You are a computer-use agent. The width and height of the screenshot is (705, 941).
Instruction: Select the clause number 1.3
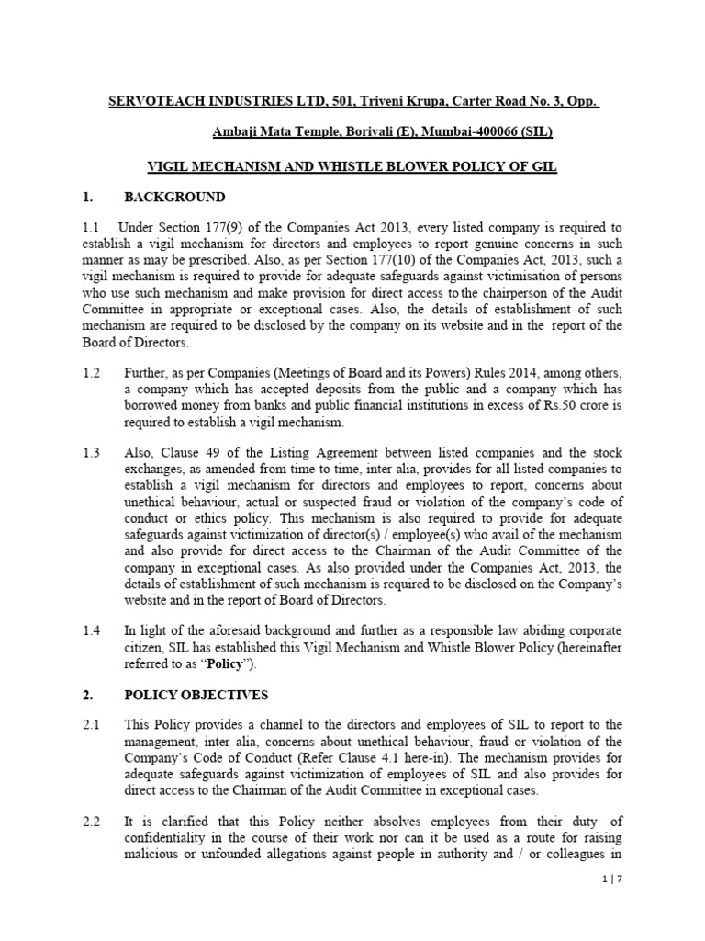[91, 453]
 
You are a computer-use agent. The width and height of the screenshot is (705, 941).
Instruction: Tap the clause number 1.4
[91, 631]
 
